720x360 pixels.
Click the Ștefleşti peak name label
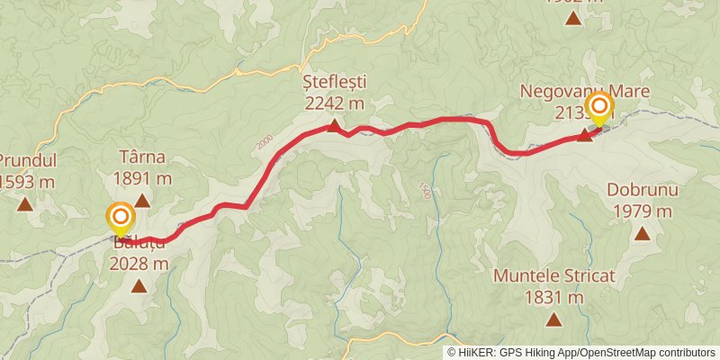[334, 83]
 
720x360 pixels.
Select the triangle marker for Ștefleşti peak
[334, 126]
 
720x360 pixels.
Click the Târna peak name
[141, 157]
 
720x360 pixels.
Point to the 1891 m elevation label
[141, 177]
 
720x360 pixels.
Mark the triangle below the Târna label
[141, 201]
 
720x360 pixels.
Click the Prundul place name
[27, 161]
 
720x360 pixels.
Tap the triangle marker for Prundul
[25, 204]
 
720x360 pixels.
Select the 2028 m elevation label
[139, 264]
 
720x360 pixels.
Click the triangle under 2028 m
[139, 287]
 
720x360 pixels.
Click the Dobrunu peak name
[642, 191]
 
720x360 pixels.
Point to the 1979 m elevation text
[642, 211]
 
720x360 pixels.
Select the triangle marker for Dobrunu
[642, 234]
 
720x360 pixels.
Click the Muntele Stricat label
[553, 276]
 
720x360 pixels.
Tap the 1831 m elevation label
[553, 296]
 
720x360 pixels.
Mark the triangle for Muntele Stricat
[553, 319]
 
